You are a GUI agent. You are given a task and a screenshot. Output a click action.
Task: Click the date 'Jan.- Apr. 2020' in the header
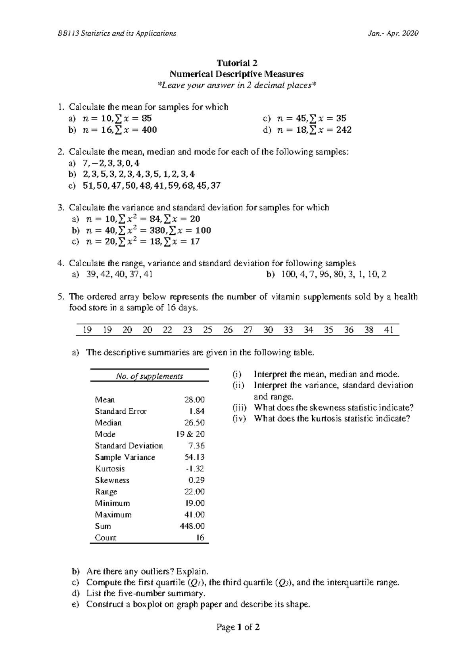393,33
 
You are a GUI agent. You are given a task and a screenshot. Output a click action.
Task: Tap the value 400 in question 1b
149,130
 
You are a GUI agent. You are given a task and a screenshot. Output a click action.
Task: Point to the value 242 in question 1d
344,130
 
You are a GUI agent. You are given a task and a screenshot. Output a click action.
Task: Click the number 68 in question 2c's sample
184,185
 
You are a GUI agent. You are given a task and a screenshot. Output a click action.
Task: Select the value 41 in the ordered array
389,330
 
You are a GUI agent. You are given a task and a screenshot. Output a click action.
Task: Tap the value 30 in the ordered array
268,330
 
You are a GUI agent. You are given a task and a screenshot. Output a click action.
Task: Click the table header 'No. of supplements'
149,376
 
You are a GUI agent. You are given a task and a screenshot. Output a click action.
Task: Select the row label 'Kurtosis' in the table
110,469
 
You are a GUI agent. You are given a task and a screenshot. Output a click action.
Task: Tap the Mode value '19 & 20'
190,434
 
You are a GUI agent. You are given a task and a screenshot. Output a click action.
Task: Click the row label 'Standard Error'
121,411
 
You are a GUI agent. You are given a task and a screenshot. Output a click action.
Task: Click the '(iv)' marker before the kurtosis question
239,419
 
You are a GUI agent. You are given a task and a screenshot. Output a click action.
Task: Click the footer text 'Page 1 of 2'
238,627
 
